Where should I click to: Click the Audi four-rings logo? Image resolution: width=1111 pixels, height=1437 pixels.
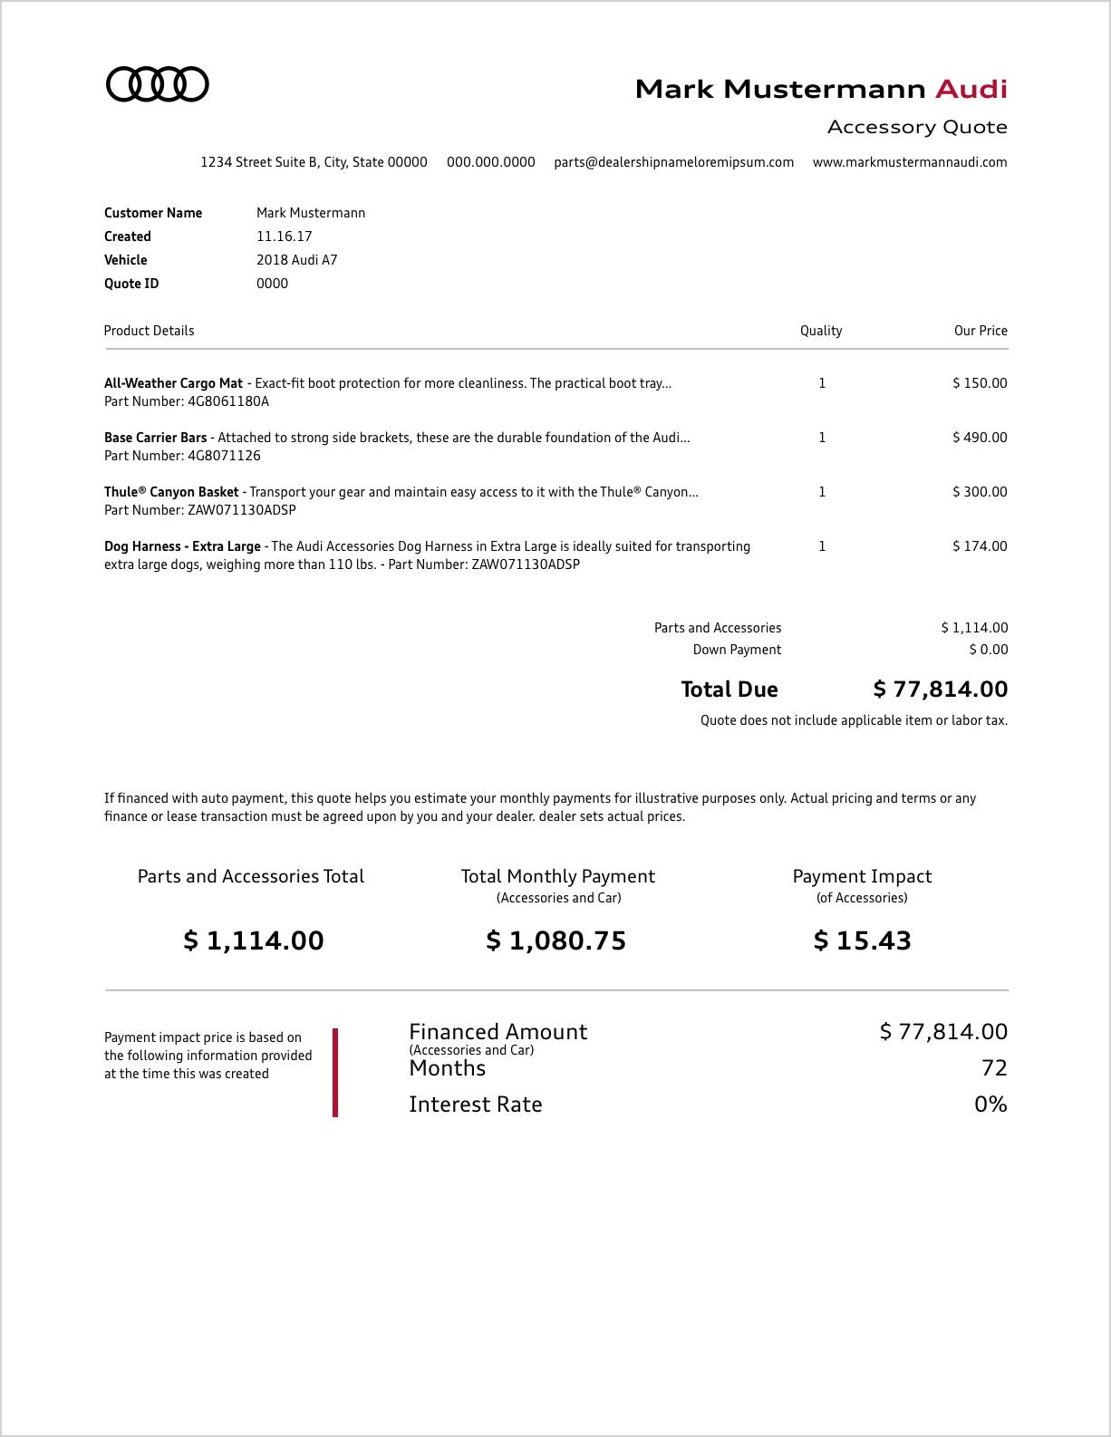[x=158, y=84]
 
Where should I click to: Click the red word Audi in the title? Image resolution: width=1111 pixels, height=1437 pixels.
[x=971, y=89]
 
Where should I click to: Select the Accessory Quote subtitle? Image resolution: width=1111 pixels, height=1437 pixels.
[x=917, y=127]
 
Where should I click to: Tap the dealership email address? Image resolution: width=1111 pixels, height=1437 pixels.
[x=673, y=162]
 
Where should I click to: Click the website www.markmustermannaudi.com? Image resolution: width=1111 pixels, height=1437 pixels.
[x=910, y=162]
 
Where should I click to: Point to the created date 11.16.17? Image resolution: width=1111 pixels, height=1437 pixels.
[x=284, y=236]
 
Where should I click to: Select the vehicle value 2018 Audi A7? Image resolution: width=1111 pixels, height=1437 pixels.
[x=296, y=260]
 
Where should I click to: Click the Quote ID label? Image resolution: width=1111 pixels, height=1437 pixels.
[x=131, y=284]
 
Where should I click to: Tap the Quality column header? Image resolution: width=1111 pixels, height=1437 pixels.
[x=821, y=331]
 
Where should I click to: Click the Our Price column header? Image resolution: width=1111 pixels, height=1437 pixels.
[x=981, y=331]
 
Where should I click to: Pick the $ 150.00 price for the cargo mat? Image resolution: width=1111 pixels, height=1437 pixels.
[x=980, y=383]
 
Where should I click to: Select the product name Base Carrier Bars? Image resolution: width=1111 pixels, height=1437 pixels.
[x=156, y=438]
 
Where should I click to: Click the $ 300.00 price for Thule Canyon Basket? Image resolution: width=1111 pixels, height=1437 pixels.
[x=980, y=492]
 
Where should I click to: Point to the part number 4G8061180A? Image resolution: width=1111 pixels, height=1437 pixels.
[x=228, y=401]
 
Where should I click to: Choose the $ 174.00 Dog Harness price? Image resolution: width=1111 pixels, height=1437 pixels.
[x=980, y=546]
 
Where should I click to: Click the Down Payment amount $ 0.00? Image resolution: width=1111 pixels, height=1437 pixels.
[x=988, y=650]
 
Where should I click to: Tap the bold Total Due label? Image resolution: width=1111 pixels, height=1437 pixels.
[x=729, y=690]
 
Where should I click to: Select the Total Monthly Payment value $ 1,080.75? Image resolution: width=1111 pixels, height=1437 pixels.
[x=556, y=940]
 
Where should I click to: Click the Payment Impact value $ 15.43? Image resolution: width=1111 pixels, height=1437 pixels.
[x=862, y=940]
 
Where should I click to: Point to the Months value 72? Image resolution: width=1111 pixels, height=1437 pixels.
[x=994, y=1068]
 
